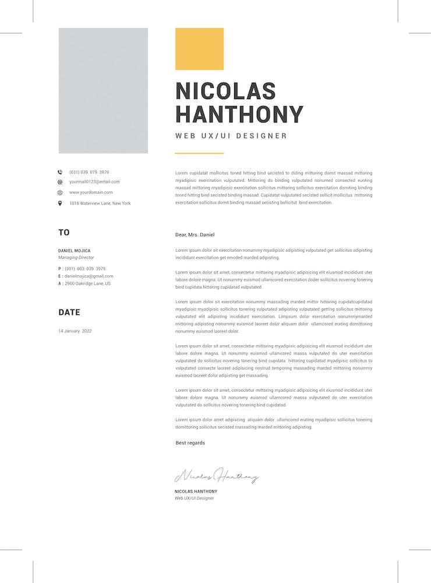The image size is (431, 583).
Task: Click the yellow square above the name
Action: click(199, 49)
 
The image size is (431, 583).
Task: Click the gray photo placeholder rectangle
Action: click(103, 90)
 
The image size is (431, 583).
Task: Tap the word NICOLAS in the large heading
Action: click(225, 91)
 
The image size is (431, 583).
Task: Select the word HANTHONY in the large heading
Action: click(239, 114)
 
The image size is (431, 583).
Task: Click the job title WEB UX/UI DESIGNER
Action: click(231, 136)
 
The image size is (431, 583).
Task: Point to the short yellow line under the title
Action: click(199, 153)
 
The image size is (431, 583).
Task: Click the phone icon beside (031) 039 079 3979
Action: click(60, 172)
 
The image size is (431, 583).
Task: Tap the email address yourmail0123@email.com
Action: click(94, 182)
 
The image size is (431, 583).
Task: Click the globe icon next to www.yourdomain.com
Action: click(60, 192)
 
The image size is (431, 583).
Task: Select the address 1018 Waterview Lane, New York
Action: click(100, 203)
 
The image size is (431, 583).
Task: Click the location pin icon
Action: click(60, 203)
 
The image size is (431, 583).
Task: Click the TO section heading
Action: click(64, 233)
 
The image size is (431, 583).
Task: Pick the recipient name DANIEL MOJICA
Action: click(75, 251)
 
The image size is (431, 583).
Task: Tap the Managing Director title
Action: click(76, 258)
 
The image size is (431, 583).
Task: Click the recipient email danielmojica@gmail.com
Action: click(89, 276)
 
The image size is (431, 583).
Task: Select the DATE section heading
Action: click(69, 312)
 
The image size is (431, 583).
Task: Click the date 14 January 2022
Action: click(75, 331)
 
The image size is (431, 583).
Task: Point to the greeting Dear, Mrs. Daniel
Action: click(195, 235)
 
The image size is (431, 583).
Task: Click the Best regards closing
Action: click(190, 443)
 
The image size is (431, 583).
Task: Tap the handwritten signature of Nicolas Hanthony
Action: click(217, 476)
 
